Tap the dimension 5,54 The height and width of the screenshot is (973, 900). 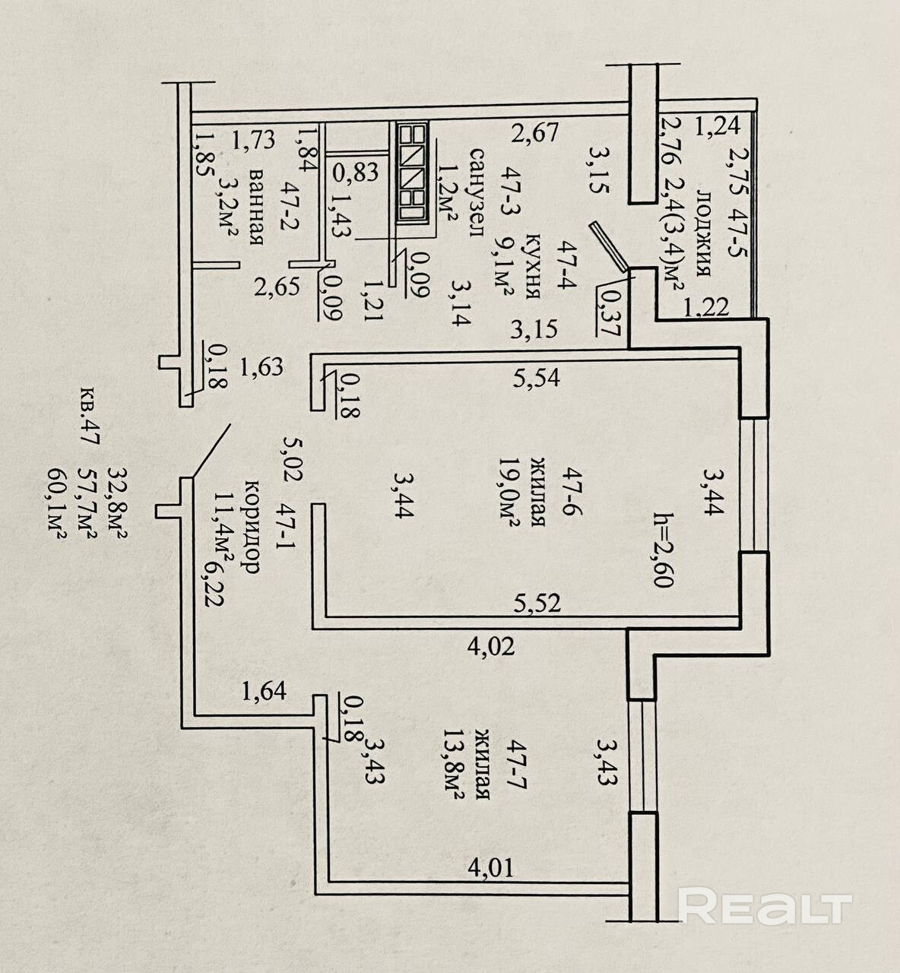click(536, 376)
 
